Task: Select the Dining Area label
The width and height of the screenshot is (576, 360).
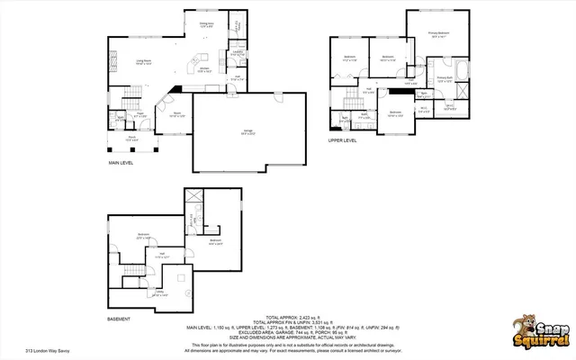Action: [205, 24]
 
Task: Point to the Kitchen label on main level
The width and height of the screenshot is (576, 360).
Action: [203, 69]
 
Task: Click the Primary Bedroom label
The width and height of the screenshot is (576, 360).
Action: [439, 36]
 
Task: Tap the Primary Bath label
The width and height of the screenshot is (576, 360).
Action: [445, 79]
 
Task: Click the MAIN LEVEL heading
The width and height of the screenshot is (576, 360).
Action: [121, 164]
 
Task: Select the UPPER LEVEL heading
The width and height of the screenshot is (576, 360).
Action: [342, 139]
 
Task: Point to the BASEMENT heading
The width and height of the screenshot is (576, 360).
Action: [119, 319]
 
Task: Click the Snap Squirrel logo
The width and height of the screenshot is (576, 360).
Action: [536, 330]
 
